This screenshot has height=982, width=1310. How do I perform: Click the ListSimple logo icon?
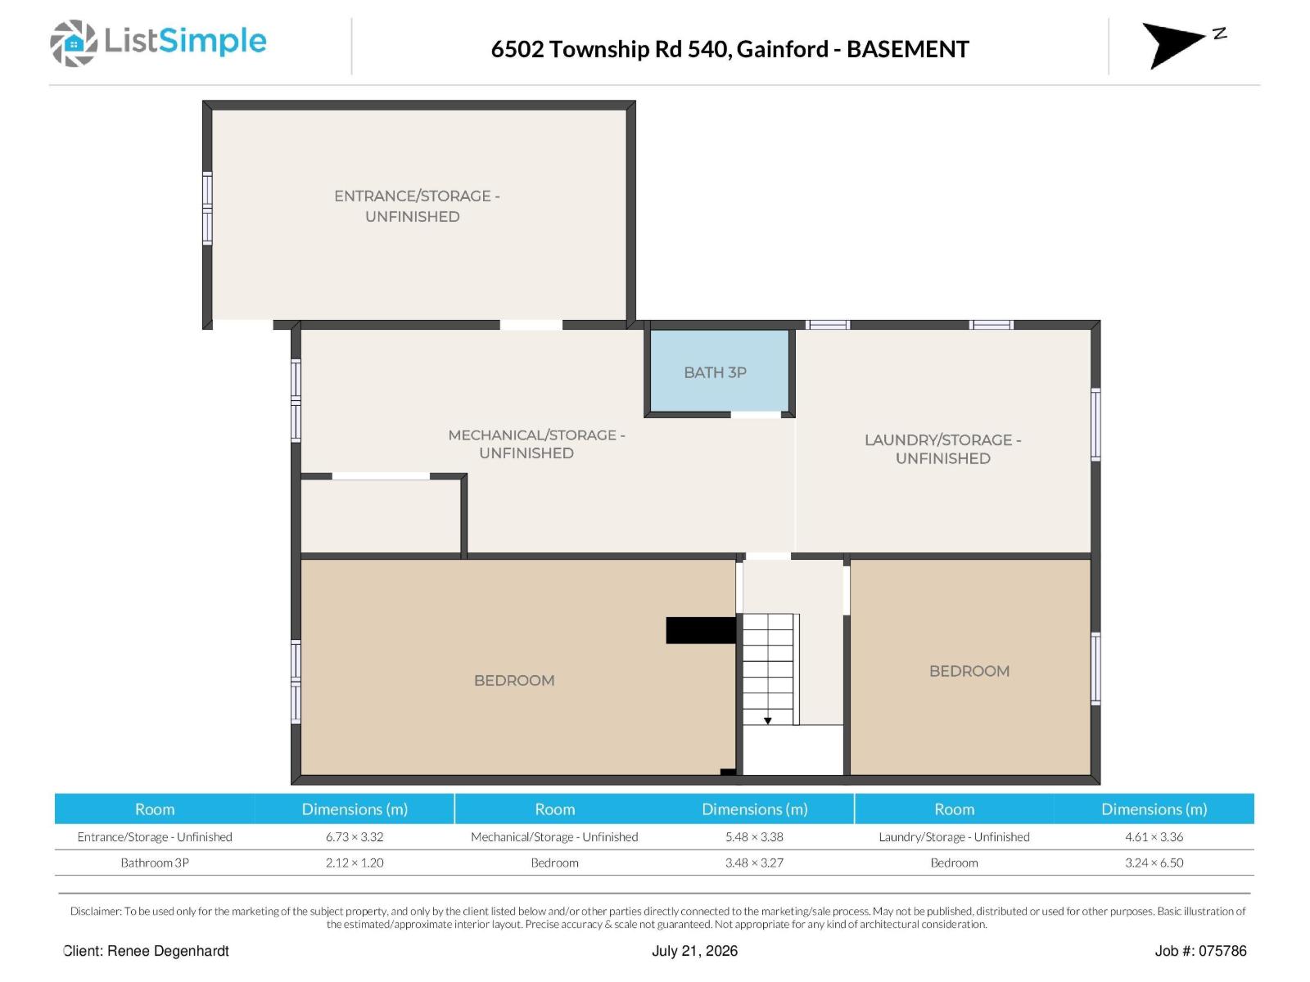[x=74, y=43]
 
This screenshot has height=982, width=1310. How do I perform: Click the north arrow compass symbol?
[x=1172, y=45]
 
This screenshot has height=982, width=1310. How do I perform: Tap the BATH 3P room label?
[x=715, y=372]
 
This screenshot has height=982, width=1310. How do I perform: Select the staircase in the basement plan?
[x=770, y=669]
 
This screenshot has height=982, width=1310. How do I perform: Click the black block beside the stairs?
[x=701, y=630]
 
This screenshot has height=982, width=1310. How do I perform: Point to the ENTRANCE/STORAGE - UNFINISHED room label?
[x=417, y=205]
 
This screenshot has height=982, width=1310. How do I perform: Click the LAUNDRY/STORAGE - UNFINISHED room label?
[x=943, y=449]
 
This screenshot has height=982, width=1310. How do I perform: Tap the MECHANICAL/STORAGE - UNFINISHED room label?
[x=536, y=444]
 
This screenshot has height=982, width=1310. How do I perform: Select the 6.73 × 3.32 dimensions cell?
[x=355, y=836]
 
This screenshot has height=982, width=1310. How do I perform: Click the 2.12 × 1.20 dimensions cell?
[x=355, y=863]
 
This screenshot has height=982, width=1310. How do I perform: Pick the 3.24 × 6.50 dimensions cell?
[x=1154, y=863]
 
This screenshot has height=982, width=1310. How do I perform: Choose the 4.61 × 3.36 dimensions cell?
[x=1154, y=836]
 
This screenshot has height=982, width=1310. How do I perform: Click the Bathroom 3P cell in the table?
[x=155, y=863]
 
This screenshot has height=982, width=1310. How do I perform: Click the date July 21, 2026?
[x=694, y=951]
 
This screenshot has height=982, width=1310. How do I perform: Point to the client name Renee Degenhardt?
[x=168, y=951]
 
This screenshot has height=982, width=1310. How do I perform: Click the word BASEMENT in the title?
[x=908, y=49]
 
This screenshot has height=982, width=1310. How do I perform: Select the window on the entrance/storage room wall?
[x=207, y=208]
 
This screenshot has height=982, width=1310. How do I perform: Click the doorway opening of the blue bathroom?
[x=756, y=414]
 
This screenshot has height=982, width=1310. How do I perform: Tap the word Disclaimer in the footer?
[x=96, y=911]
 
